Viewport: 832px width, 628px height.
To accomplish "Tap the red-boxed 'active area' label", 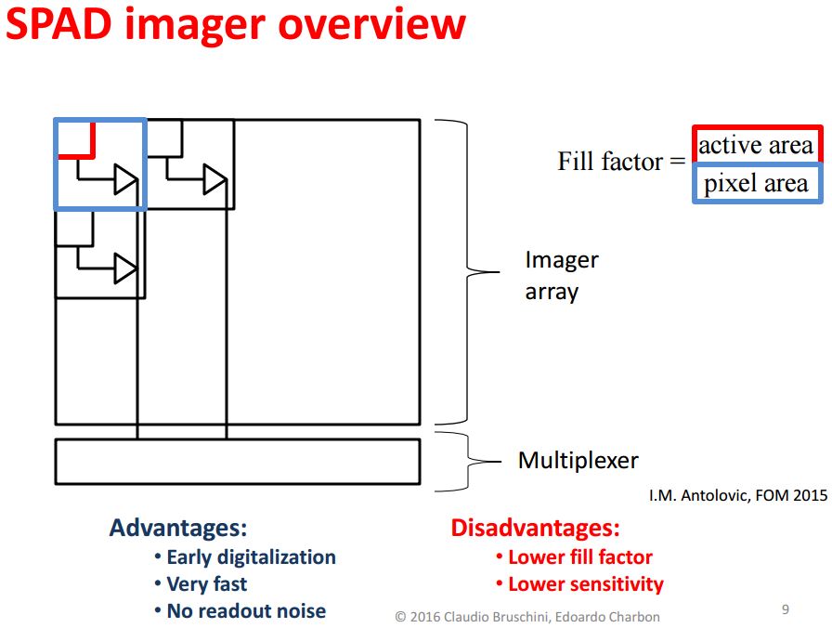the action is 756,146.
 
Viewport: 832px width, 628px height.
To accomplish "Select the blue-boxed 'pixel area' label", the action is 756,183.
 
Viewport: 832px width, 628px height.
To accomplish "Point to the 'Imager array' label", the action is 561,275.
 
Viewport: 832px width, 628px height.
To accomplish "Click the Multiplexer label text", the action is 578,460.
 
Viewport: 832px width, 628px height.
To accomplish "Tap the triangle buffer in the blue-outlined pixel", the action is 125,178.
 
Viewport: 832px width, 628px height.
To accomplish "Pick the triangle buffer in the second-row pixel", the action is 125,268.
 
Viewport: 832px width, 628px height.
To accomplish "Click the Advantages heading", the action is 178,529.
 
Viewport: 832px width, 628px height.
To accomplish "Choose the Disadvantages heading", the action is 535,529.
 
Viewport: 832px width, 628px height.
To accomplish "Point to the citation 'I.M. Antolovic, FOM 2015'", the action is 737,496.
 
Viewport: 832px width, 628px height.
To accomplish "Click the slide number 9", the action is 786,609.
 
